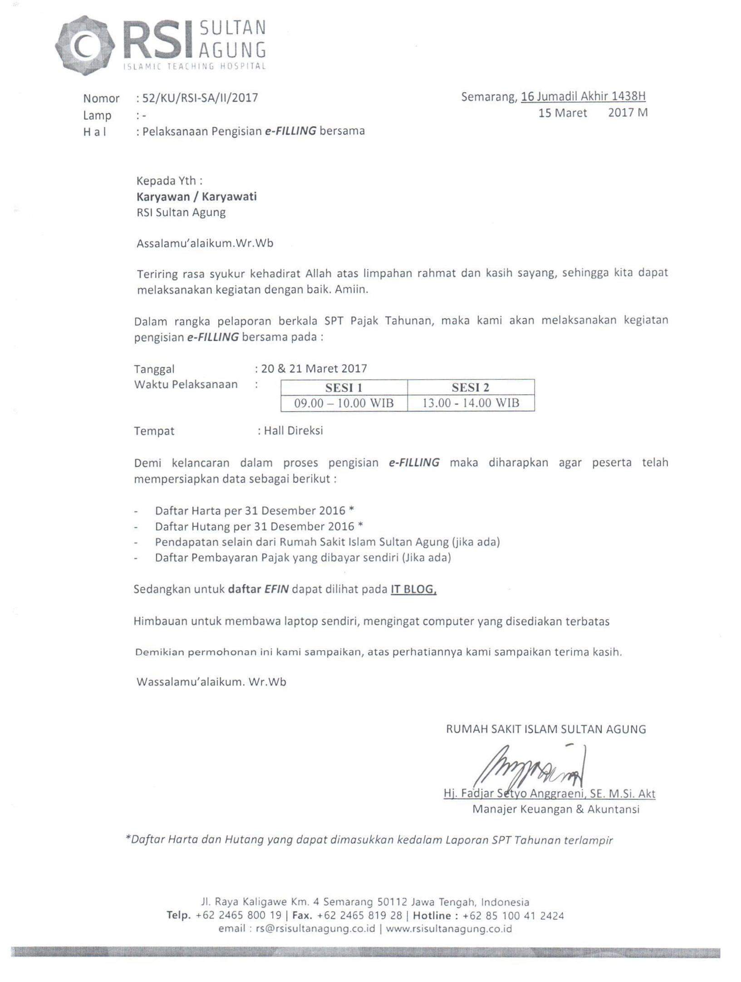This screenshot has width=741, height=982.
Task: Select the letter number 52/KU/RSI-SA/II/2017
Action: click(200, 98)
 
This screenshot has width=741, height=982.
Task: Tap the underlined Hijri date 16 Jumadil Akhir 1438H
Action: click(583, 96)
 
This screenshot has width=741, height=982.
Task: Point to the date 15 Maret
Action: click(563, 113)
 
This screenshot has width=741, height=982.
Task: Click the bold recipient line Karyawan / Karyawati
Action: click(196, 196)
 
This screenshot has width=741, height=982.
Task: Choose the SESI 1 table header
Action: click(344, 388)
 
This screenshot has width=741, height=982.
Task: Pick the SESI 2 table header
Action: click(471, 388)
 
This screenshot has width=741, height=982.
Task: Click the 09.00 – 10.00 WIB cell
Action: click(344, 403)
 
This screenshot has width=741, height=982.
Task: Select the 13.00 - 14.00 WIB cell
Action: click(471, 403)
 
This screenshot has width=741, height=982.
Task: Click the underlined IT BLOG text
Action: click(413, 589)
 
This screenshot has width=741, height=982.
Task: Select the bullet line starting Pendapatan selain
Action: click(327, 542)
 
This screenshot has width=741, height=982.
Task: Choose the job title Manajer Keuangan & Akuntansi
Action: click(556, 809)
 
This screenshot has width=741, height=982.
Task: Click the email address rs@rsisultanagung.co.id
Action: click(315, 928)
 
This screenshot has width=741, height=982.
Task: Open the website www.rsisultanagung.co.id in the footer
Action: click(449, 928)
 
